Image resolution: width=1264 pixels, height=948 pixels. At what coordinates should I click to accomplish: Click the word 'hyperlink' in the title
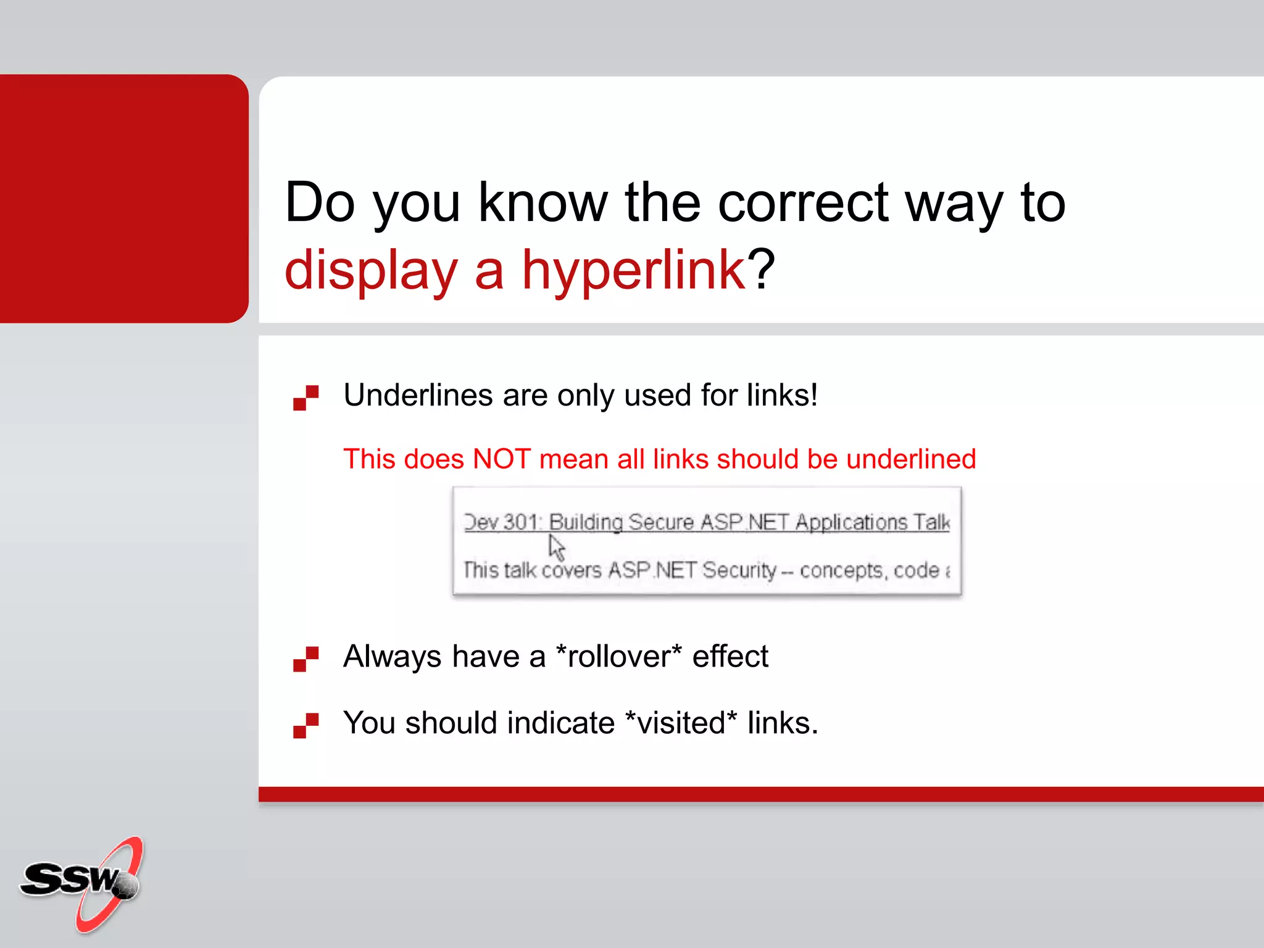pos(634,270)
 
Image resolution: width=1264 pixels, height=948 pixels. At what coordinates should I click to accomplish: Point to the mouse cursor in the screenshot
pos(556,547)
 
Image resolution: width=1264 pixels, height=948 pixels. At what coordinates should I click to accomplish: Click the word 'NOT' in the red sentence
pos(501,459)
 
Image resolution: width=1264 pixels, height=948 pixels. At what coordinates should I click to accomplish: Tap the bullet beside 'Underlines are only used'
pos(306,397)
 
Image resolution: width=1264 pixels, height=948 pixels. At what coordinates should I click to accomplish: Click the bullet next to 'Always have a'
pos(306,659)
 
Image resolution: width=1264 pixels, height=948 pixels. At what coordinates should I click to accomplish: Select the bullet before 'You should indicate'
pos(306,725)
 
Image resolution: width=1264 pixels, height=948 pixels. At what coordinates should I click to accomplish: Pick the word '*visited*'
pos(681,723)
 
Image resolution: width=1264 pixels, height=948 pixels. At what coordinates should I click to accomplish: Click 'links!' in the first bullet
pos(782,395)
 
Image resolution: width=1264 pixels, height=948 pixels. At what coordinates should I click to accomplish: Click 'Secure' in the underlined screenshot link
pos(661,522)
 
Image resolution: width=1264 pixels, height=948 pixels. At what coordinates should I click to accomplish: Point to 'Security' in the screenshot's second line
pos(739,570)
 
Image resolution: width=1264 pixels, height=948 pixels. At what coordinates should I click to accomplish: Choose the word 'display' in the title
pos(371,270)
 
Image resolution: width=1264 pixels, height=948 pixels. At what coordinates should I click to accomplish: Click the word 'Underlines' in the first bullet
pos(418,395)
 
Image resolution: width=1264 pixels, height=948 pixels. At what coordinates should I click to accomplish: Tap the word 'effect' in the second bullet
pos(730,656)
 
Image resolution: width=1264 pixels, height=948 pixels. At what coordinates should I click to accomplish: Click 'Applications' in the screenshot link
pos(851,522)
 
